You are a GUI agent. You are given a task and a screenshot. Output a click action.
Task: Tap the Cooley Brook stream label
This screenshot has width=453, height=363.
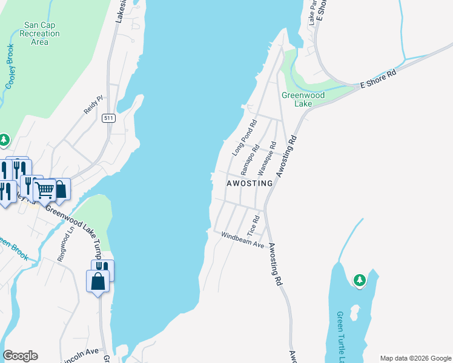(10, 67)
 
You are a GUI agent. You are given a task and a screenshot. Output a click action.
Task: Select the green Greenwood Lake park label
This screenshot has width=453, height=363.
(303, 99)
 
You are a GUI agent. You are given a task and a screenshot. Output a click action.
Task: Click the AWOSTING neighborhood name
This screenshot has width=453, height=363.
(250, 183)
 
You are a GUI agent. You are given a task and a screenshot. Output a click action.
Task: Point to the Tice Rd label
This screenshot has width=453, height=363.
(254, 225)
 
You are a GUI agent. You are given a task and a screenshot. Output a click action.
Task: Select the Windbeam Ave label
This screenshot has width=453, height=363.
(243, 240)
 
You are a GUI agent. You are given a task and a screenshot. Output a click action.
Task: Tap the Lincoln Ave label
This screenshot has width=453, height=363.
(83, 351)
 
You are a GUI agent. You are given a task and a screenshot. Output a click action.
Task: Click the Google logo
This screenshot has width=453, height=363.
(20, 356)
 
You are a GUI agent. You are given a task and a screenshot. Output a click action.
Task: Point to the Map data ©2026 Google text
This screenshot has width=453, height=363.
(415, 358)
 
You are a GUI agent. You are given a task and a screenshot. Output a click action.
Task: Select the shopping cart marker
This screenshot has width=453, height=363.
(44, 189)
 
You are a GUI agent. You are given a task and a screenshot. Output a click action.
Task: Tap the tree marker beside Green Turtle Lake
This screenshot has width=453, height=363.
(360, 280)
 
